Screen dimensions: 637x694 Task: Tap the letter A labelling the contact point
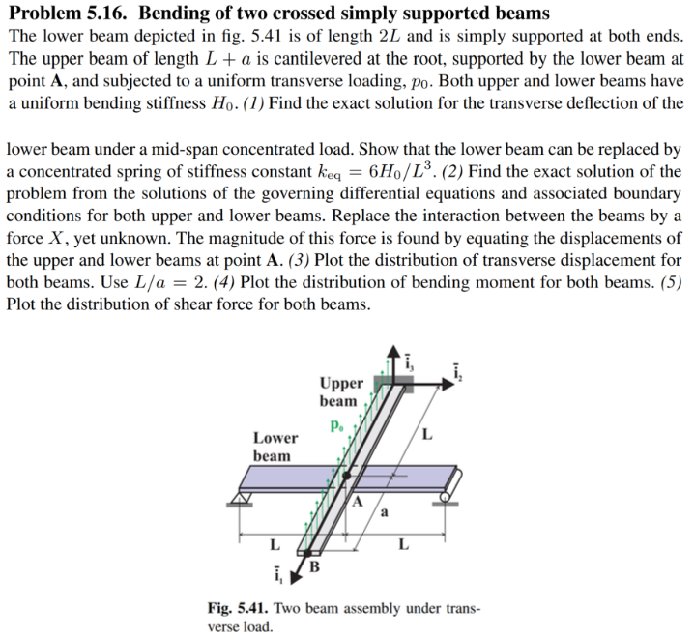coord(358,502)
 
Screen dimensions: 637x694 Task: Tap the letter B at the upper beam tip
coord(315,565)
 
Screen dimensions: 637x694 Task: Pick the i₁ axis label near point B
coord(278,578)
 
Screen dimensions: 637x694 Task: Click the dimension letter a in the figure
coord(386,512)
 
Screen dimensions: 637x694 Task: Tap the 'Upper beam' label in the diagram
coord(341,391)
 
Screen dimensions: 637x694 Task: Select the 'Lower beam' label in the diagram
coord(275,446)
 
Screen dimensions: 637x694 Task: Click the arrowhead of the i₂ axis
coord(451,383)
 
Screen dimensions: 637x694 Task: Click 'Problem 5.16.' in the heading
coord(69,14)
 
